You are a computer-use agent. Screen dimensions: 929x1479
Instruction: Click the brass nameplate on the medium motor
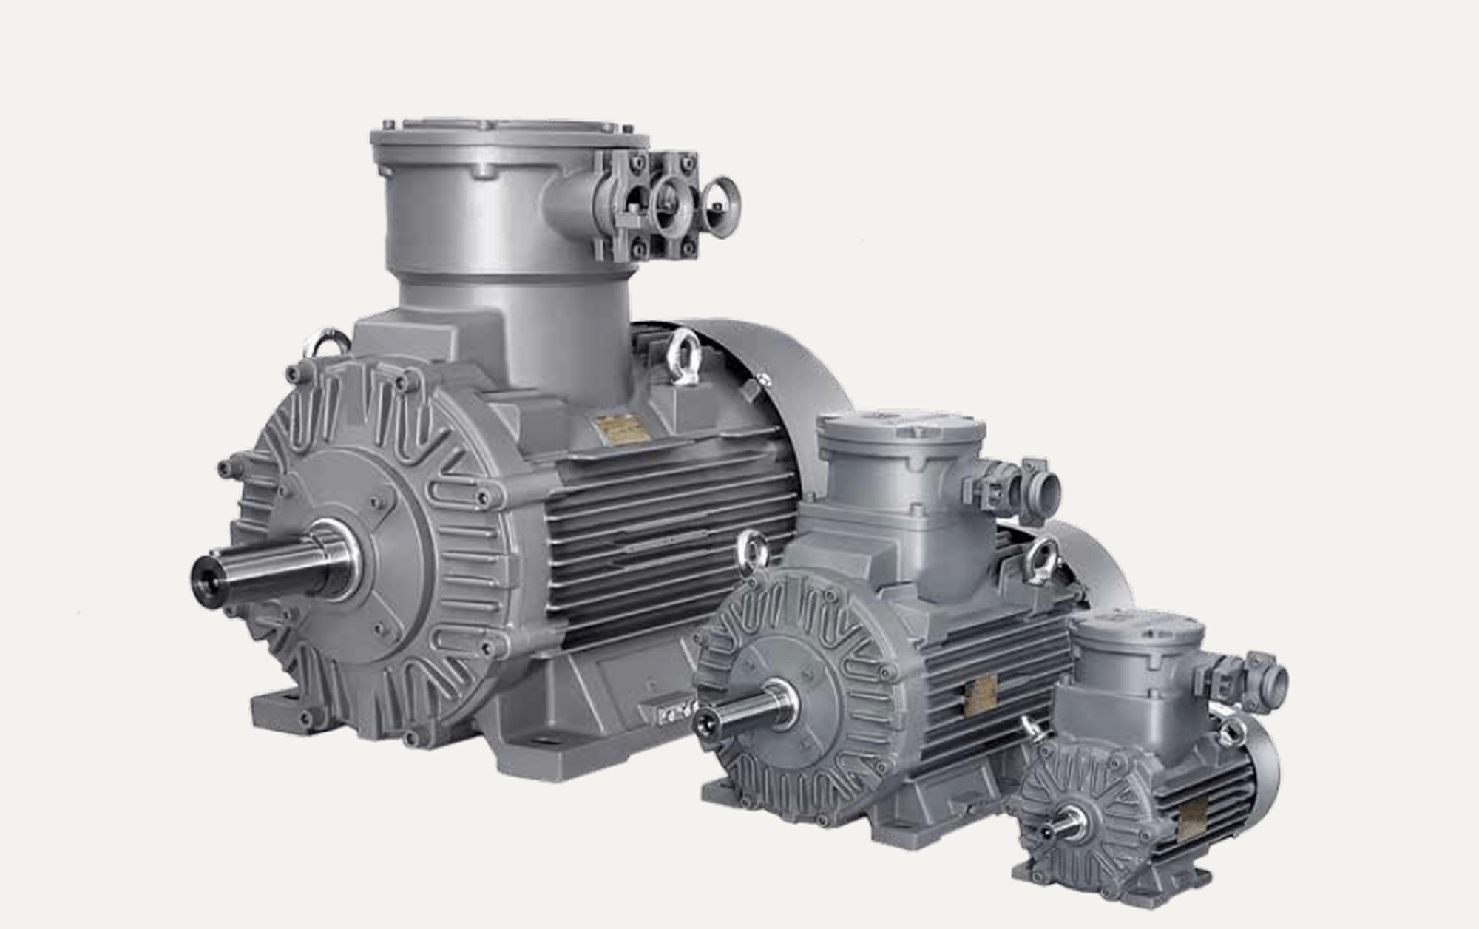pyautogui.click(x=981, y=696)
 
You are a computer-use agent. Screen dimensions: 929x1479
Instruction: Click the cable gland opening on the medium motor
pyautogui.click(x=1044, y=488)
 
